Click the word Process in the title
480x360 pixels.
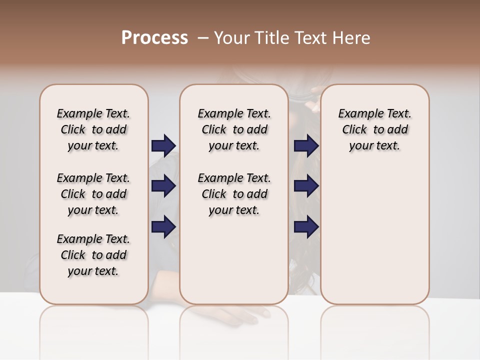tap(154, 38)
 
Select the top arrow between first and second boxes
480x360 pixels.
tap(163, 145)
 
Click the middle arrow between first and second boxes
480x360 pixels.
tap(163, 186)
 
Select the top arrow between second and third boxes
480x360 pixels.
tap(306, 145)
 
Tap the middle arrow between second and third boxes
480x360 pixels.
tap(306, 186)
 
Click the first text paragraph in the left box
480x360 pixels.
tap(93, 129)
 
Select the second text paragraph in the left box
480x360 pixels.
tap(93, 194)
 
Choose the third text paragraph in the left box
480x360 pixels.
tap(93, 255)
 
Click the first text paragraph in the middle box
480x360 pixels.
tap(234, 129)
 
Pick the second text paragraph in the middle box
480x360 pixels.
tap(234, 194)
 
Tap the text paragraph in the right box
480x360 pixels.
tap(374, 129)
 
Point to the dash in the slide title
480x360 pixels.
tap(203, 38)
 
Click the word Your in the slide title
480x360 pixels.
tap(232, 38)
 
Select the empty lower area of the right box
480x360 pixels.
tap(374, 230)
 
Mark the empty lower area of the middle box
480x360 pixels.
tap(234, 260)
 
